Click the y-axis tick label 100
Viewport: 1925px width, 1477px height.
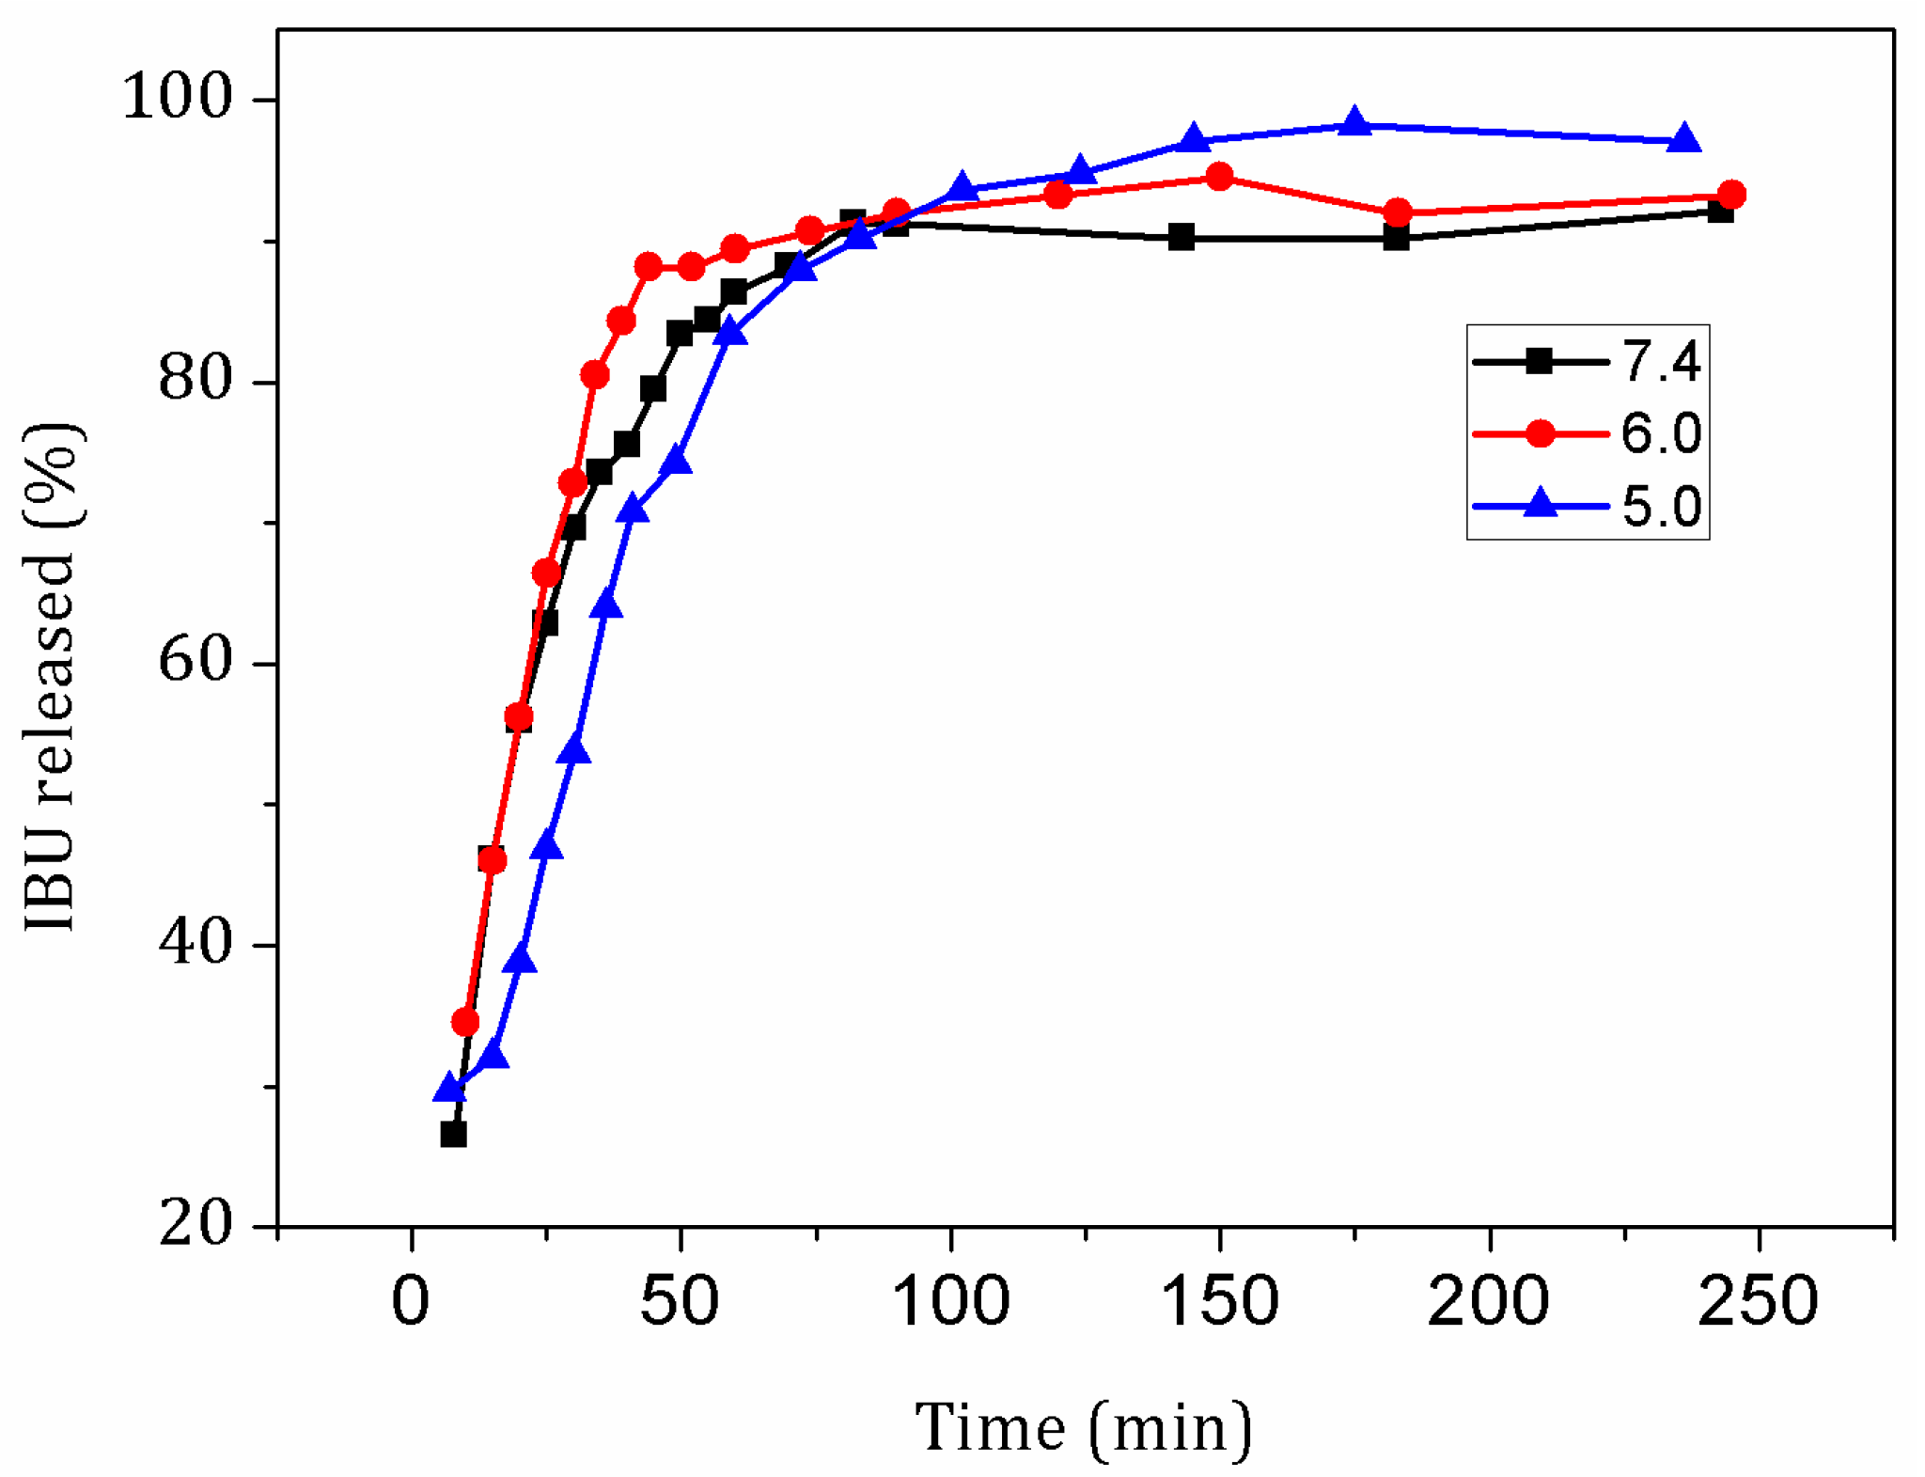(x=177, y=97)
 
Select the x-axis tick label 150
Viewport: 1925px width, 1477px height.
(x=1220, y=1302)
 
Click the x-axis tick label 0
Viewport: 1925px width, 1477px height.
(x=411, y=1302)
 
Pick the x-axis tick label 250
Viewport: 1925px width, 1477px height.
(x=1758, y=1302)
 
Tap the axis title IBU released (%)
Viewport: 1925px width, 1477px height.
(x=52, y=677)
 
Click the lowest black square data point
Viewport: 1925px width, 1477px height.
(x=453, y=1134)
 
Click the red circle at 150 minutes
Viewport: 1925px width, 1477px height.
(x=1219, y=177)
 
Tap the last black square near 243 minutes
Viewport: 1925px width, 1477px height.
(x=1719, y=211)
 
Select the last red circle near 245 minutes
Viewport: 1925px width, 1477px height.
(x=1731, y=195)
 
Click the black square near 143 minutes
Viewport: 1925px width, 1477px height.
(x=1182, y=237)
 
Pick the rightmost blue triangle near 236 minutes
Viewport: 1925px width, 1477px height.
(x=1684, y=139)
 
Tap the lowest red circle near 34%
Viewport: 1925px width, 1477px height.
(x=465, y=1022)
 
